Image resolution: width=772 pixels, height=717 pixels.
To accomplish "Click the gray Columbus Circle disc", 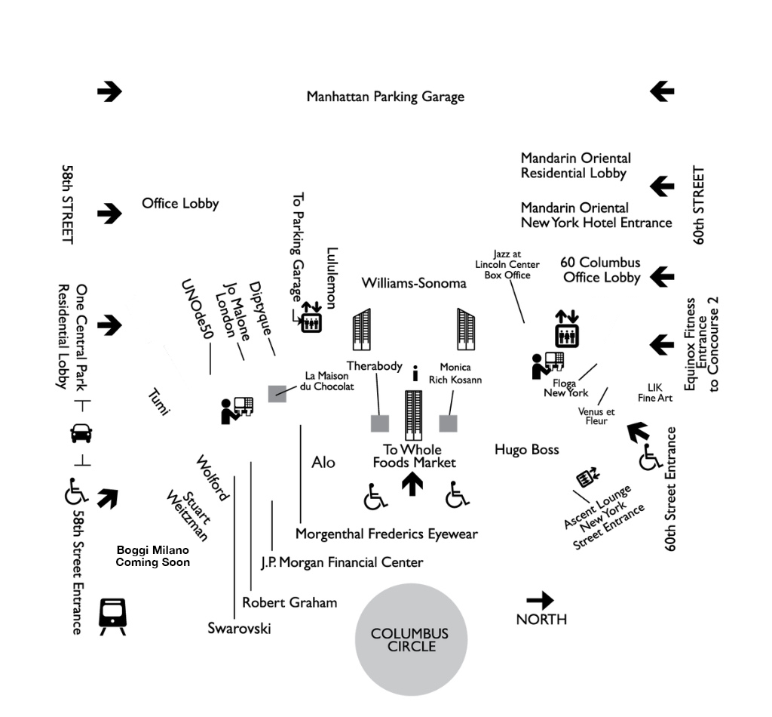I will point(411,639).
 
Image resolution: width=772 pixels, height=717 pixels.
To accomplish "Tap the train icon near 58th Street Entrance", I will point(112,616).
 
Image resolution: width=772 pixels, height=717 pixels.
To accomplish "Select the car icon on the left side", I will point(81,434).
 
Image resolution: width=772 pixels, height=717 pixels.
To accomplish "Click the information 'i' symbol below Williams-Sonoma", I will point(415,372).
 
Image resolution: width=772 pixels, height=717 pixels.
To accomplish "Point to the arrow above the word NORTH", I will point(540,601).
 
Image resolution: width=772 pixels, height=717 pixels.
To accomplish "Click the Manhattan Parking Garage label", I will point(385,97).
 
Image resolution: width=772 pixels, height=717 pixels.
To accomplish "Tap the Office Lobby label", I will point(180,203).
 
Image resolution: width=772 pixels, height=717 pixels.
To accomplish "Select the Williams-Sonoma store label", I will point(414,283).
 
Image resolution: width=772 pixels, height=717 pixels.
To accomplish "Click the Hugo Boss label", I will point(527,450).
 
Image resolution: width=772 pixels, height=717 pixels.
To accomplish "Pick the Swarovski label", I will point(239,629).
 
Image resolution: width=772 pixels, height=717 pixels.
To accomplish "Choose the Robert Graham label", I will point(289,602).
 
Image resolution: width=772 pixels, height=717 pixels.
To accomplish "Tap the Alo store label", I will point(323,462).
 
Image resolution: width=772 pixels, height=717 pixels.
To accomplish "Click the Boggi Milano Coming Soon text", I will point(152,556).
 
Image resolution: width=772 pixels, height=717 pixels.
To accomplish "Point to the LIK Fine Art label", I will point(655,392).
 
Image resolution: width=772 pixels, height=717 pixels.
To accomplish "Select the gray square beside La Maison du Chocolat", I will point(277,392).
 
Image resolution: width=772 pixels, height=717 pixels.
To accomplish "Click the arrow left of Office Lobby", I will point(109,213).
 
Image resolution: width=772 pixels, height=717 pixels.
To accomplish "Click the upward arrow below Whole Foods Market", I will point(412,484).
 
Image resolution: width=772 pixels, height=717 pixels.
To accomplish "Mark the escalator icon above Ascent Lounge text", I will point(587,478).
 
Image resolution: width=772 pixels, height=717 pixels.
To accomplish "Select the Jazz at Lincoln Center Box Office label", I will point(507,264).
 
